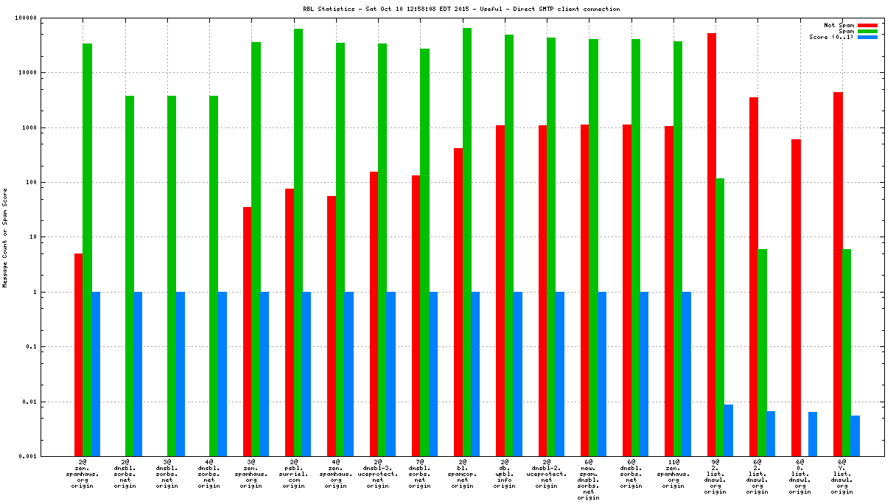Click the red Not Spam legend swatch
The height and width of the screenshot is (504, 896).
click(867, 25)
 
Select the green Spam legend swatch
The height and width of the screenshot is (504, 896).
click(867, 31)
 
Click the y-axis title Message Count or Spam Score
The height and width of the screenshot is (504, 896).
click(5, 237)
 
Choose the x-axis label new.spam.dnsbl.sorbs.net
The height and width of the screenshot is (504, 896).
click(589, 482)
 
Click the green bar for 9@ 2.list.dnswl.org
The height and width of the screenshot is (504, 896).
click(720, 317)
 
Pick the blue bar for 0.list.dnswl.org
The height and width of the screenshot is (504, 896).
click(813, 434)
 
